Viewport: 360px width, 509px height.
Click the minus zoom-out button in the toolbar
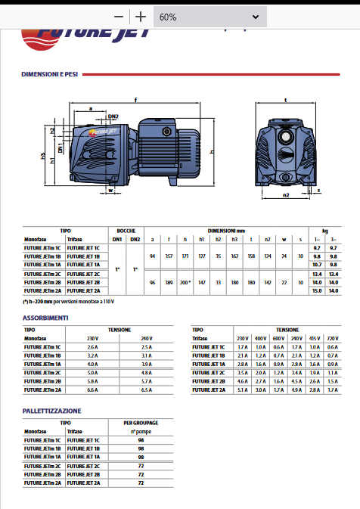click(118, 17)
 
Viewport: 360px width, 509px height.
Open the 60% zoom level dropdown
click(210, 17)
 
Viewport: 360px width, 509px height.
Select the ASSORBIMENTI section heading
click(45, 318)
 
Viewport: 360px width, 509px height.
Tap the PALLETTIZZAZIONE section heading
click(51, 411)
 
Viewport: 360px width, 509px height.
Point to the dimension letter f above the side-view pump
click(135, 100)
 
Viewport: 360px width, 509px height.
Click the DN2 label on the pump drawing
click(113, 116)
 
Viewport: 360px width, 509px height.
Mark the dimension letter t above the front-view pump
click(285, 100)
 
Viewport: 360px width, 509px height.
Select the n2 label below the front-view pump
click(285, 195)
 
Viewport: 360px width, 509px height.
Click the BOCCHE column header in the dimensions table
click(126, 230)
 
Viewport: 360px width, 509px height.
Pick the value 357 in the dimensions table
click(169, 256)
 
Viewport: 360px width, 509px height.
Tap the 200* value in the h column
click(185, 281)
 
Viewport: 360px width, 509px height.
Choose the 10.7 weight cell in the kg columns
click(317, 265)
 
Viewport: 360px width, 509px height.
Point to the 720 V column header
click(334, 337)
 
